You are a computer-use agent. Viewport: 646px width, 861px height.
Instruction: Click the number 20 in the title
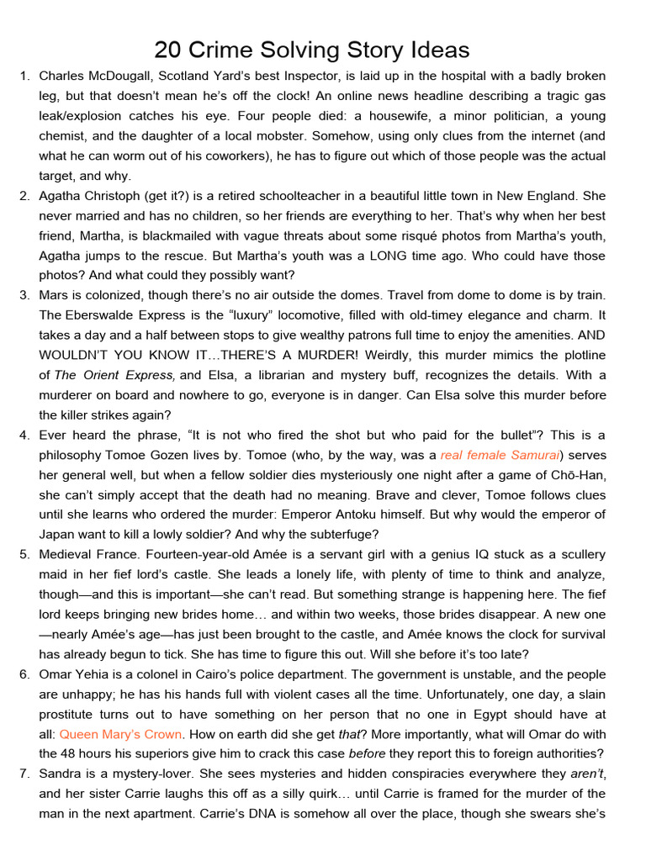(167, 50)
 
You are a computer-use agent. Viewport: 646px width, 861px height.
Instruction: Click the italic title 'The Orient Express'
(115, 375)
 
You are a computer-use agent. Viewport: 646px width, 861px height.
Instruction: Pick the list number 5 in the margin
(24, 554)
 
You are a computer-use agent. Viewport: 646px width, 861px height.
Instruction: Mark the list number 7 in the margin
(24, 774)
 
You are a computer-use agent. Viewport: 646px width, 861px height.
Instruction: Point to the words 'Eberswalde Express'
(123, 315)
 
